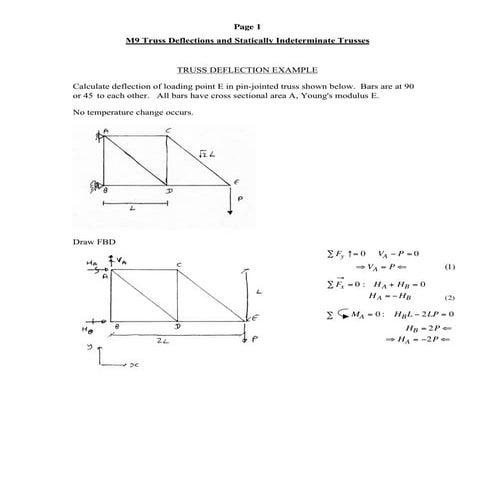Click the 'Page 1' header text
coord(246,25)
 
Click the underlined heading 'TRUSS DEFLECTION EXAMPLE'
coord(247,72)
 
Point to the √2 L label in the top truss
coord(204,154)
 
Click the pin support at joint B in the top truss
coord(100,185)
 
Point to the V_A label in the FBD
coord(120,259)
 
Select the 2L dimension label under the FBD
coord(175,341)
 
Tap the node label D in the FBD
coord(177,326)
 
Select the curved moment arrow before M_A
coord(345,314)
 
